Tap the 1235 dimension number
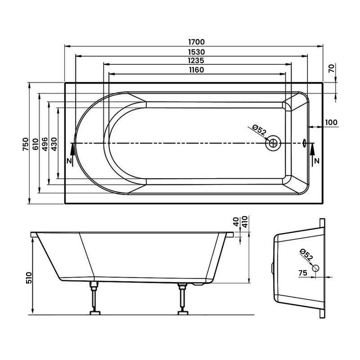[196, 60]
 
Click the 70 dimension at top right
[331, 69]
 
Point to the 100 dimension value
[331, 122]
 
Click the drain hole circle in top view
[273, 144]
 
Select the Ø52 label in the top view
[260, 131]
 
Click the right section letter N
[317, 161]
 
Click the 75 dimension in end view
[302, 272]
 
